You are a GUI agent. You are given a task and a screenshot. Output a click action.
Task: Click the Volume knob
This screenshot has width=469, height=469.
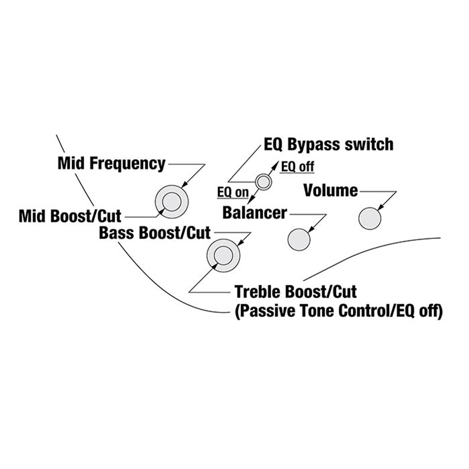point(370,219)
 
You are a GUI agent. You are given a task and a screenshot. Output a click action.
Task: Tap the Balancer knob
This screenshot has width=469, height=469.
point(299,240)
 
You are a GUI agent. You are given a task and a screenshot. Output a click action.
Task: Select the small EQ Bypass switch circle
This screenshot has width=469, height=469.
point(263,182)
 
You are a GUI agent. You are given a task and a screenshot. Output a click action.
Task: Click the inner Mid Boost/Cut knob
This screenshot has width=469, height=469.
point(171,202)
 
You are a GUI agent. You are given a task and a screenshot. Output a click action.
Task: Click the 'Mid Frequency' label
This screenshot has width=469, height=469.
point(111,164)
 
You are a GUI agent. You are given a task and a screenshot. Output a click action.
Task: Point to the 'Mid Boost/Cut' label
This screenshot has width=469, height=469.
point(70,216)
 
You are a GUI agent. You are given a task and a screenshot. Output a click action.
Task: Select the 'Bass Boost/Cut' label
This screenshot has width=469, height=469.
point(155,233)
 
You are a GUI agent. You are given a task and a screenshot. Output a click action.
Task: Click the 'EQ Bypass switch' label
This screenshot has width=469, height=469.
point(328,144)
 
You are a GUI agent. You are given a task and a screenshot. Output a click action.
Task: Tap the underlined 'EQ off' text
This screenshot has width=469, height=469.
point(297,167)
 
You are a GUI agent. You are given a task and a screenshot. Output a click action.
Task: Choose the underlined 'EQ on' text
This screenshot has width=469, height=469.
point(233,192)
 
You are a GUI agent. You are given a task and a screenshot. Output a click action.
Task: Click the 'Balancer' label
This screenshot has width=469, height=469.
point(255,212)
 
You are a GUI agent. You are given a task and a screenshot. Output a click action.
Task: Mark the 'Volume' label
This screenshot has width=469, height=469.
point(330,190)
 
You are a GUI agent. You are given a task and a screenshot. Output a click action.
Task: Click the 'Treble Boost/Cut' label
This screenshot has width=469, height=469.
point(296,292)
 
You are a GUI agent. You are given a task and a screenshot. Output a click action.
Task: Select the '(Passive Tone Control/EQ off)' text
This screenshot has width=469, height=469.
point(338,311)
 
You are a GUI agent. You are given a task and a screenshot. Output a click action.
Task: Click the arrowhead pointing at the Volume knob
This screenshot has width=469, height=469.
point(380,208)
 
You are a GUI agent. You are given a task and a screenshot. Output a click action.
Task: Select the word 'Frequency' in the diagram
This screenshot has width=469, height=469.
point(127,164)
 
